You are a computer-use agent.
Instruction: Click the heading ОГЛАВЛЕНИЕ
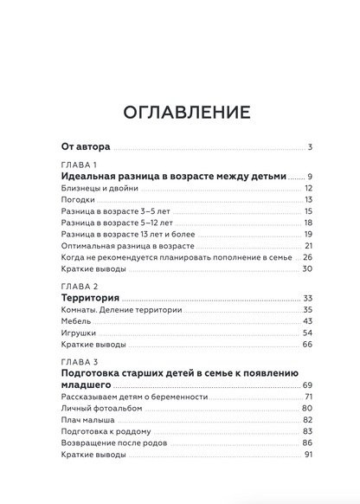tap(179, 112)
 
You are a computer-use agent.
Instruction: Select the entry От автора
tap(87, 146)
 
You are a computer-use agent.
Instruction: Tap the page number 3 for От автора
tap(309, 146)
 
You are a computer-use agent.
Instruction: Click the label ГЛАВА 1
tap(80, 165)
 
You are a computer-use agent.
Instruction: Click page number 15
tap(307, 211)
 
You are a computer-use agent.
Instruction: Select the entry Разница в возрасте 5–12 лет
tap(119, 223)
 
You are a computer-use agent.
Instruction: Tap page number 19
tap(307, 235)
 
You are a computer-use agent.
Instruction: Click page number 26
tap(307, 257)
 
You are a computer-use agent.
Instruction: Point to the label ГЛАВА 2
tap(80, 287)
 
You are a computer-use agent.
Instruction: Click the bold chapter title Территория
tap(91, 298)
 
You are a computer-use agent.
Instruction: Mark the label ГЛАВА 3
tap(80, 361)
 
